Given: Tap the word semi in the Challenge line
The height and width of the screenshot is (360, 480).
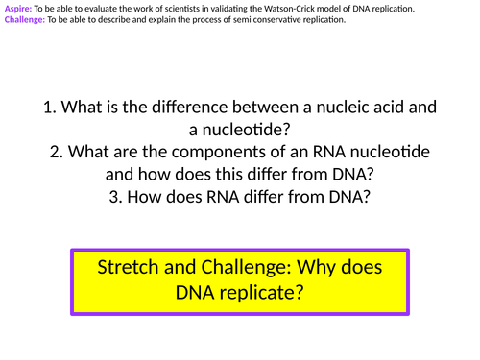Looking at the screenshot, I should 238,19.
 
